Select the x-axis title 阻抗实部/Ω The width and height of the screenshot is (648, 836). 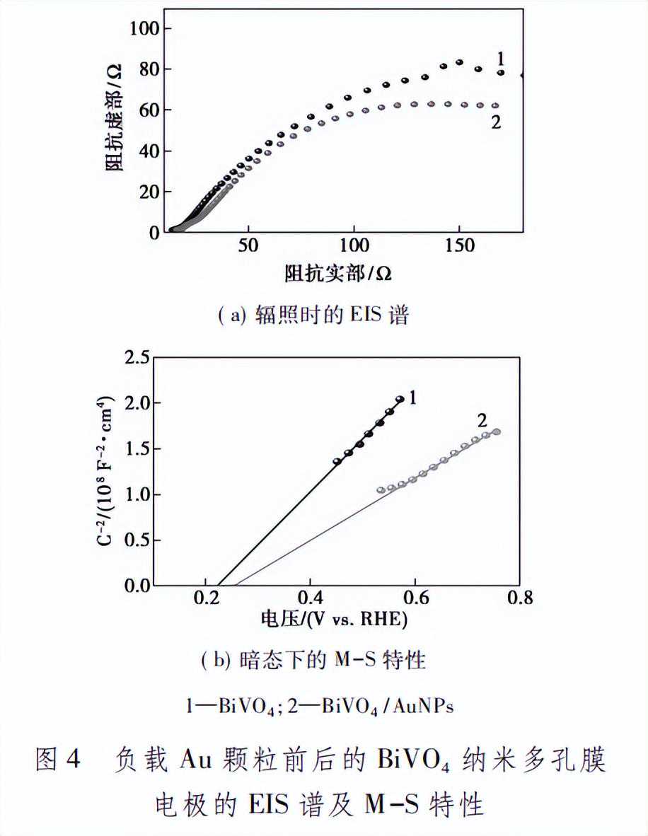(338, 274)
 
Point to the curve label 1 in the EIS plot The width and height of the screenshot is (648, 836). (500, 57)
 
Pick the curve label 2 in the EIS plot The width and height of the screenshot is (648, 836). (496, 122)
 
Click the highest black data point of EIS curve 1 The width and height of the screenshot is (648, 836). (459, 62)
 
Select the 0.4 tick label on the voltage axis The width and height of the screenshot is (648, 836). (311, 600)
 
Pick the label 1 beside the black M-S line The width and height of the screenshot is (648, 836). (414, 399)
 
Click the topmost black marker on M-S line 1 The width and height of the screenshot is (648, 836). (400, 400)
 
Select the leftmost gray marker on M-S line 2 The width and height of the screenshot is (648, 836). (381, 489)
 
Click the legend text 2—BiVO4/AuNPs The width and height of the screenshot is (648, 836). (388, 706)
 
